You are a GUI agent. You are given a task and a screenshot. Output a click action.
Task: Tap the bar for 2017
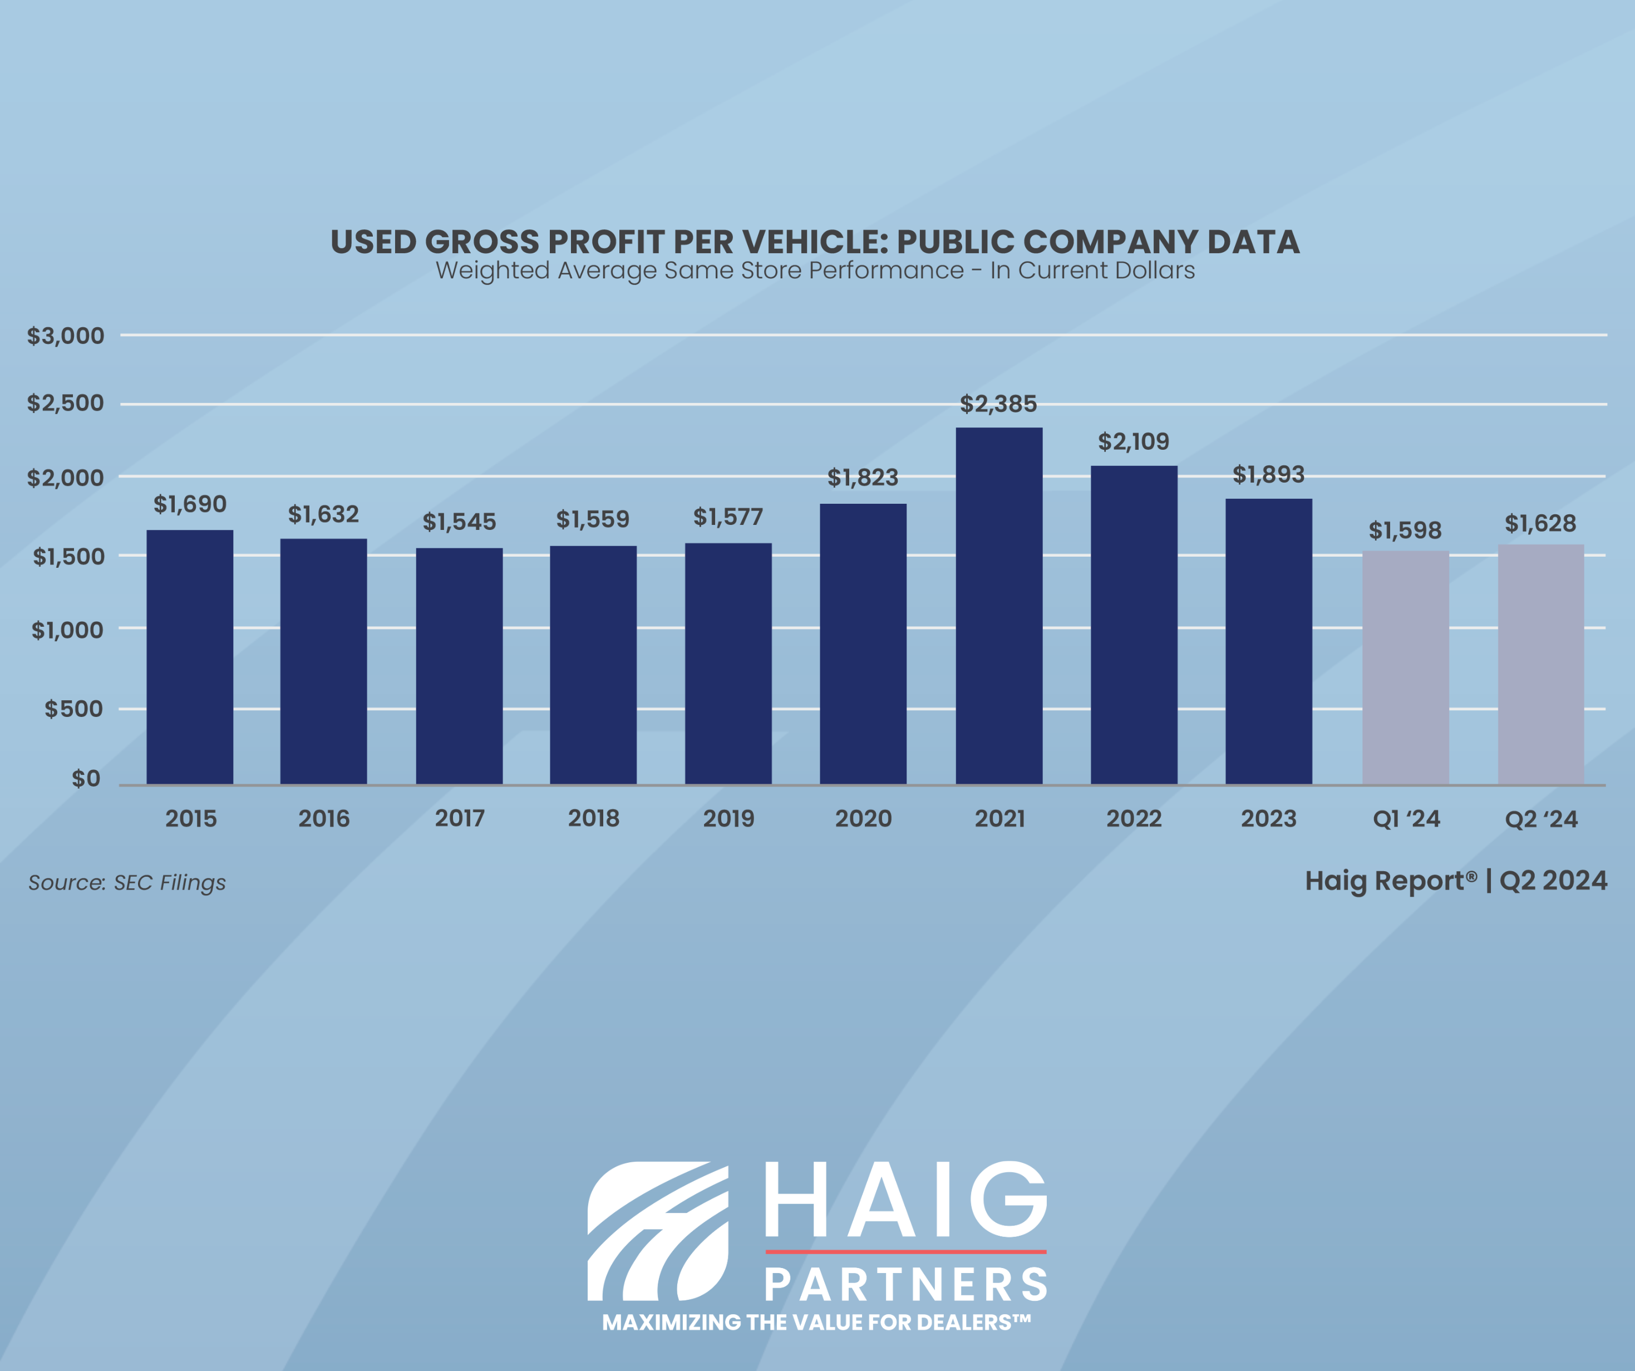point(459,666)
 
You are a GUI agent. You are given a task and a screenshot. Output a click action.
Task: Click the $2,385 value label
point(998,404)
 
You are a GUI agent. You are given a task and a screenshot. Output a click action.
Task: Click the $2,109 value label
point(1134,441)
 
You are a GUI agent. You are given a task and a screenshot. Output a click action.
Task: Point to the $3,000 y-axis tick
point(66,336)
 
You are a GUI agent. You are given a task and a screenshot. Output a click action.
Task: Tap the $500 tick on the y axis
point(73,709)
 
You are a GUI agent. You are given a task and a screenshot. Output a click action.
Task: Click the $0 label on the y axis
point(86,778)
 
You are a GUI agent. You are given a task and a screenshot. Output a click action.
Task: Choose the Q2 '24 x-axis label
point(1541,819)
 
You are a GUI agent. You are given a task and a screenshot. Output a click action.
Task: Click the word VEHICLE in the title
point(806,242)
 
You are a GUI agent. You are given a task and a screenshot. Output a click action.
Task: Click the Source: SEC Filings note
point(127,883)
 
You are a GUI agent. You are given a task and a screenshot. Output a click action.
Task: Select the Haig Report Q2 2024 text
point(1455,881)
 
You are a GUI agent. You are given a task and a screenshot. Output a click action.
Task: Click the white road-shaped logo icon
point(658,1231)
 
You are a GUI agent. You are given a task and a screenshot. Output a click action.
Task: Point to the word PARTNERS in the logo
point(906,1285)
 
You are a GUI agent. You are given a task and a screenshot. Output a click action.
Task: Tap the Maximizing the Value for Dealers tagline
point(816,1322)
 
